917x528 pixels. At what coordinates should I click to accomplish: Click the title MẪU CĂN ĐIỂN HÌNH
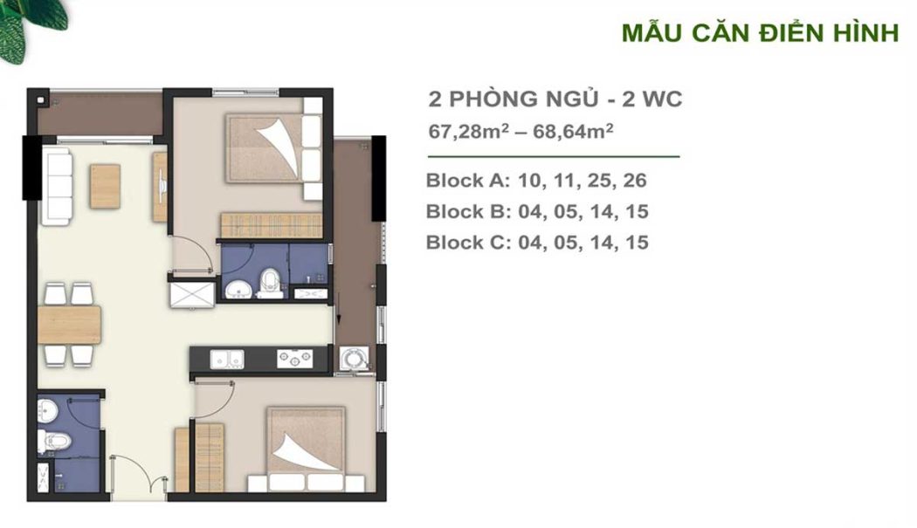click(759, 33)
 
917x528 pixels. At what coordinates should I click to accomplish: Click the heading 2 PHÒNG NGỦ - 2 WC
click(555, 99)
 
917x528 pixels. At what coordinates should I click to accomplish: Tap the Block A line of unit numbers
click(536, 181)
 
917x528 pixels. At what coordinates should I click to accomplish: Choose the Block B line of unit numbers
click(537, 211)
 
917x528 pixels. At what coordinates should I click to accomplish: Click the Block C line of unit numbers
click(537, 242)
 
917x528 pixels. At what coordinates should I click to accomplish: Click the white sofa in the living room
click(57, 186)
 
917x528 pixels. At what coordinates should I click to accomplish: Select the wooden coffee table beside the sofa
click(105, 186)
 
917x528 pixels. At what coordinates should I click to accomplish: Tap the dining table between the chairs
click(70, 325)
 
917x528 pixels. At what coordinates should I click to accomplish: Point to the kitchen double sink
click(228, 358)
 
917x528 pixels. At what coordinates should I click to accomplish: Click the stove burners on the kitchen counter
click(294, 358)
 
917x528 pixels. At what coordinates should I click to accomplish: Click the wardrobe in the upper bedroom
click(271, 224)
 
